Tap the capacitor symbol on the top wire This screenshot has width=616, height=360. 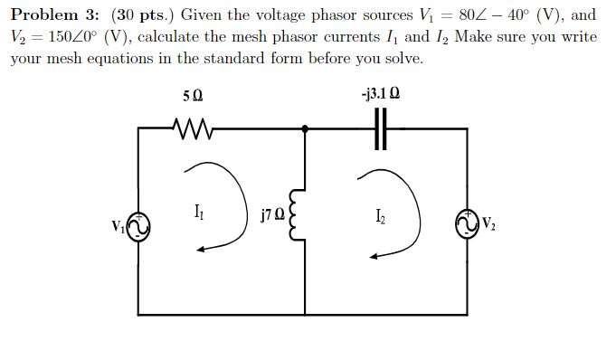point(381,129)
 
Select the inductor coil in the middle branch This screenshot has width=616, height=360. point(294,215)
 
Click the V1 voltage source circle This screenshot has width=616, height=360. point(137,227)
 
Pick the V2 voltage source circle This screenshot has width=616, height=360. point(467,224)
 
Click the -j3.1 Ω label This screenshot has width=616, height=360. point(380,92)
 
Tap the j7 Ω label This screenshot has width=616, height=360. point(271,216)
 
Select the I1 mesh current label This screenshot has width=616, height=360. point(198,214)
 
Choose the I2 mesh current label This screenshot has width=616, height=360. point(380,216)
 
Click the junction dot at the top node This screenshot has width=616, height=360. point(305,129)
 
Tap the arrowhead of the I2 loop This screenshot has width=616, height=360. point(374,255)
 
